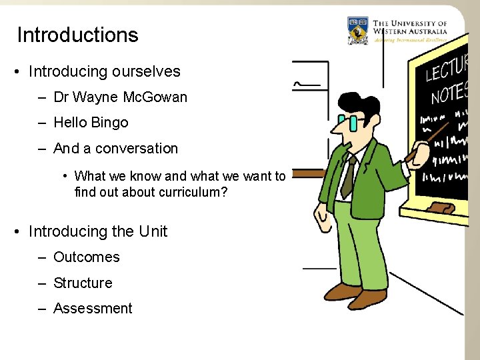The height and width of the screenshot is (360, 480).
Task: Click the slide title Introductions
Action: click(77, 35)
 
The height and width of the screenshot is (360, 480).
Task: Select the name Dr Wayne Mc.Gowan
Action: click(120, 97)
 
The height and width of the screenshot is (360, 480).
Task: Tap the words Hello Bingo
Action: click(91, 123)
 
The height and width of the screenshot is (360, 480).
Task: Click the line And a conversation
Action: click(115, 149)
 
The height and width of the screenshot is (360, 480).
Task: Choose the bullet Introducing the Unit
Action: click(98, 231)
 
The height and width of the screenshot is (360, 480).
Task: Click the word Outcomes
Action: click(87, 257)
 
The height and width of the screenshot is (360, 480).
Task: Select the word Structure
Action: click(83, 283)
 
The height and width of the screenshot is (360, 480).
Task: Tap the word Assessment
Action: click(93, 309)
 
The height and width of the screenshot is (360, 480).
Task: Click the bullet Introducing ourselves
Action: click(105, 71)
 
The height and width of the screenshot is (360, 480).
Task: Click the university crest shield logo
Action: click(358, 31)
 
